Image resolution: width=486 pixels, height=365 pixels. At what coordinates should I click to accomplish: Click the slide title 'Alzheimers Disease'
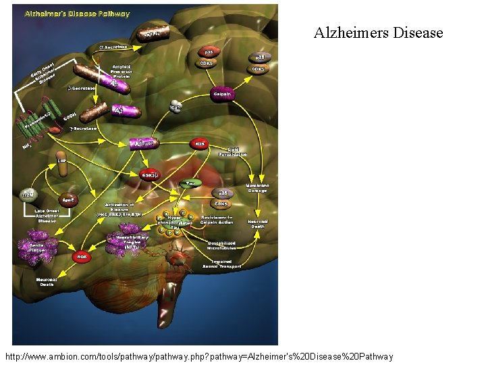click(x=378, y=32)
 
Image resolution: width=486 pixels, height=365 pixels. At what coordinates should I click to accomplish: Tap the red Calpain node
click(x=222, y=95)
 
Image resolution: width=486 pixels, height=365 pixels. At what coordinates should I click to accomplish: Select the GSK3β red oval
click(x=151, y=174)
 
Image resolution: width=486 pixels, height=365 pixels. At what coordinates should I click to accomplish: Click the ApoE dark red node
click(x=68, y=201)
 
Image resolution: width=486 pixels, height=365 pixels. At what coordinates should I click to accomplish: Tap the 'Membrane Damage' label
click(x=256, y=188)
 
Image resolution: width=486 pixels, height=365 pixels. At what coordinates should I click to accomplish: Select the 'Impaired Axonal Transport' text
click(x=222, y=264)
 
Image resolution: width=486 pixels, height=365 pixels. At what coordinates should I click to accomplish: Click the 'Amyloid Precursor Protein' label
click(x=122, y=71)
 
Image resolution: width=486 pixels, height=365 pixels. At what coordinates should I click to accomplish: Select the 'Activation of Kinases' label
click(x=119, y=208)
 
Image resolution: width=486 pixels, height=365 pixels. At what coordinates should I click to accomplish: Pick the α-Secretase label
click(x=113, y=47)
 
